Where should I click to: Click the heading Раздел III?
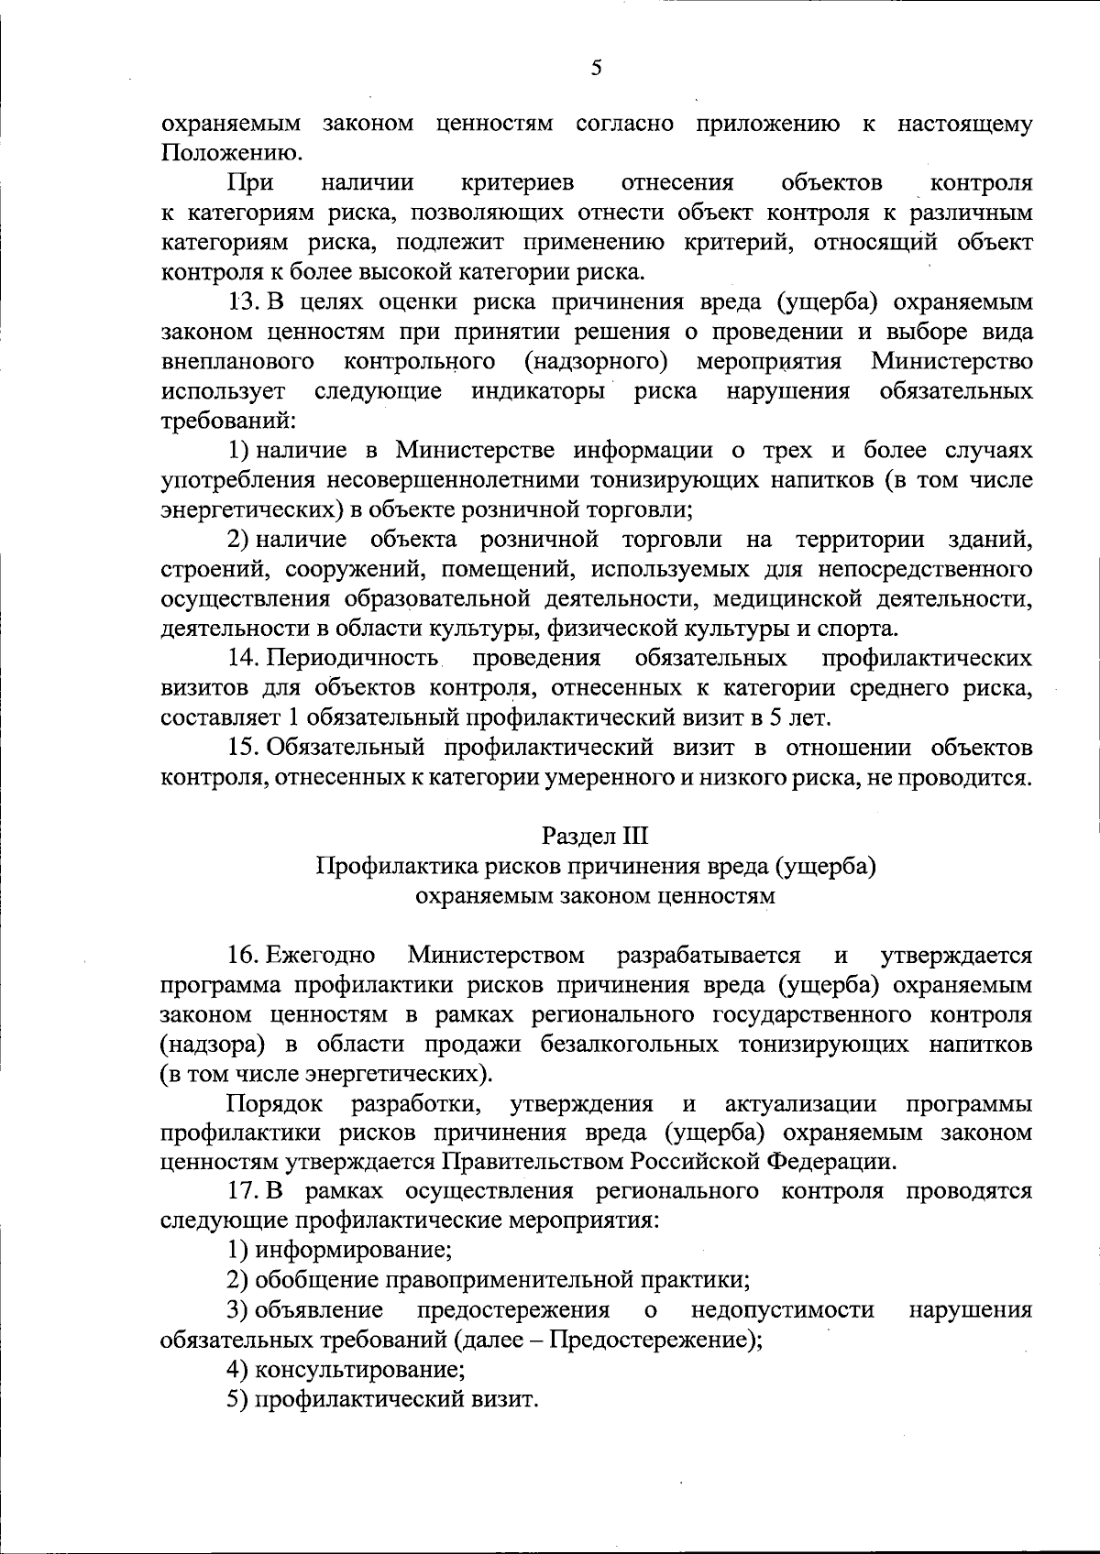[x=595, y=836]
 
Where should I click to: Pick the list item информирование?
[x=352, y=1249]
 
